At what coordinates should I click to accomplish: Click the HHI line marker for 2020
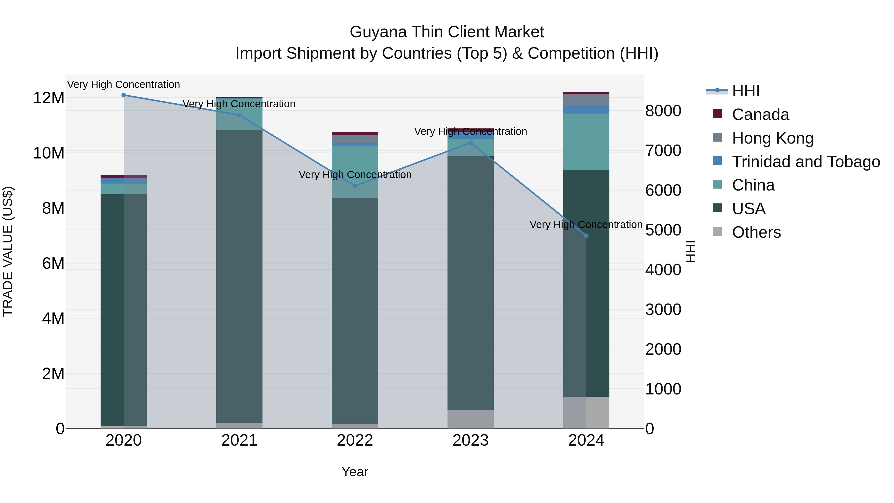pos(124,95)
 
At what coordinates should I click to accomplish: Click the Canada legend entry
pos(760,115)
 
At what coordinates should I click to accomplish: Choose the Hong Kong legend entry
pos(773,138)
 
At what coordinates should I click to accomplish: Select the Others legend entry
pos(756,232)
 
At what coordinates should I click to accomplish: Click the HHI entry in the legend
pos(746,91)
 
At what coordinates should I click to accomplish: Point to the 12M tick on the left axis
pos(49,98)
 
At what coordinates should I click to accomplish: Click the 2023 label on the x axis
pos(471,440)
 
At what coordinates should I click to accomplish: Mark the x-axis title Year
pos(355,472)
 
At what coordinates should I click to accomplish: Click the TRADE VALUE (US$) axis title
pos(8,251)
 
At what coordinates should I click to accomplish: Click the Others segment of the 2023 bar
pos(471,419)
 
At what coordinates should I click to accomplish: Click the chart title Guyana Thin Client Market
pos(447,32)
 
